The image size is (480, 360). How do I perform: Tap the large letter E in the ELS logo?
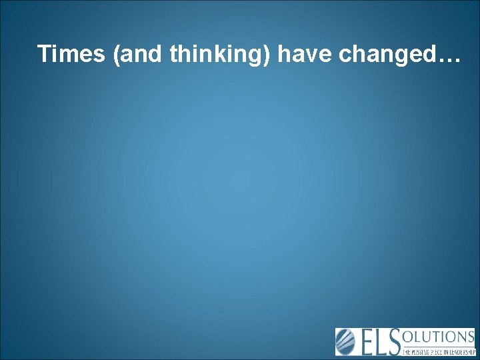(x=369, y=342)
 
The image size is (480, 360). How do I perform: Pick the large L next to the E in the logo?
(x=385, y=342)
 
